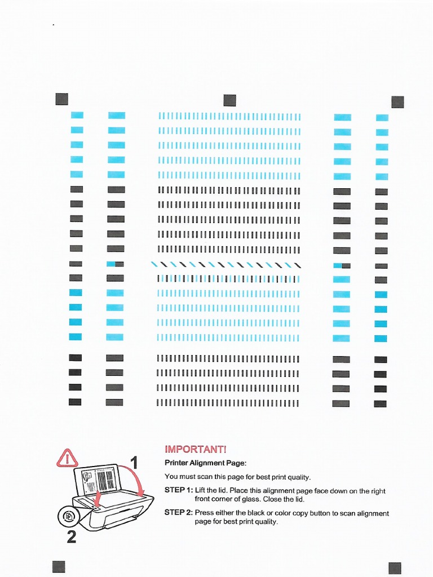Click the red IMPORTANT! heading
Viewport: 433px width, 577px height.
[x=195, y=449]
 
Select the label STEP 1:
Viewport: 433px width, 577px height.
[x=178, y=491]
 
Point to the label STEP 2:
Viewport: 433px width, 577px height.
[x=178, y=513]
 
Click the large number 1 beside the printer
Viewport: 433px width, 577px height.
[x=134, y=463]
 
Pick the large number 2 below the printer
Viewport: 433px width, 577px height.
[x=72, y=538]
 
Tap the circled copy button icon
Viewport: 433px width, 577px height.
[x=68, y=516]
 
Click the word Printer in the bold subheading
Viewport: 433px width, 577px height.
[x=177, y=463]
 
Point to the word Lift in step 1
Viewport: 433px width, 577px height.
[x=200, y=491]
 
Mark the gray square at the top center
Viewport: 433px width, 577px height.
[x=229, y=100]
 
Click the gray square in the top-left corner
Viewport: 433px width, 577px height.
[x=62, y=99]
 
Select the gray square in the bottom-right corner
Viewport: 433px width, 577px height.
[x=395, y=568]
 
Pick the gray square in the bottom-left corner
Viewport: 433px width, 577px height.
[x=59, y=567]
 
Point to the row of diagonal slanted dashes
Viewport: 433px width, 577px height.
[x=226, y=264]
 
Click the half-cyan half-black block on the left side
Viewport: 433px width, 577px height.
[x=115, y=264]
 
